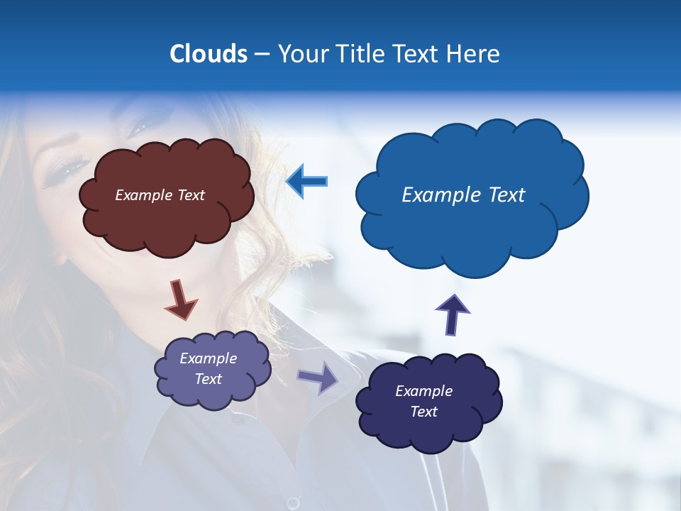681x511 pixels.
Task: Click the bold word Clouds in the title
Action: pyautogui.click(x=208, y=54)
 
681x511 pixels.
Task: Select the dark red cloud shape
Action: pyautogui.click(x=167, y=220)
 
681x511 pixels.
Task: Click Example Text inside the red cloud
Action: pyautogui.click(x=160, y=195)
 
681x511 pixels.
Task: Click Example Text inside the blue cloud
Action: pyautogui.click(x=463, y=195)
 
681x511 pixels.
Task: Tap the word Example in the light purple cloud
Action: pyautogui.click(x=208, y=358)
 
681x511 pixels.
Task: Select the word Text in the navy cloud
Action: pyautogui.click(x=423, y=412)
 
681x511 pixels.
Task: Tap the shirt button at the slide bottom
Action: pyautogui.click(x=292, y=502)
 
